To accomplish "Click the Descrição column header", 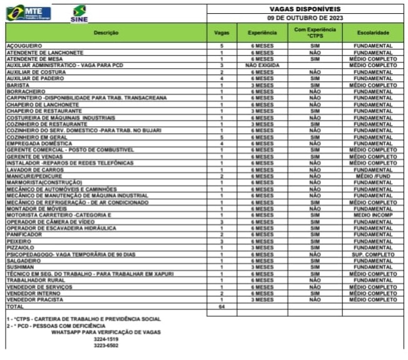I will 106,32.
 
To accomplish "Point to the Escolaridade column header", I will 372,32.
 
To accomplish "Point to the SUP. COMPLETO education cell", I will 372,255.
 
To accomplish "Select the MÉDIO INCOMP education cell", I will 372,214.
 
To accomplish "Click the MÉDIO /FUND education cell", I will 372,176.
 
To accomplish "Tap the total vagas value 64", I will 222,306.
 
